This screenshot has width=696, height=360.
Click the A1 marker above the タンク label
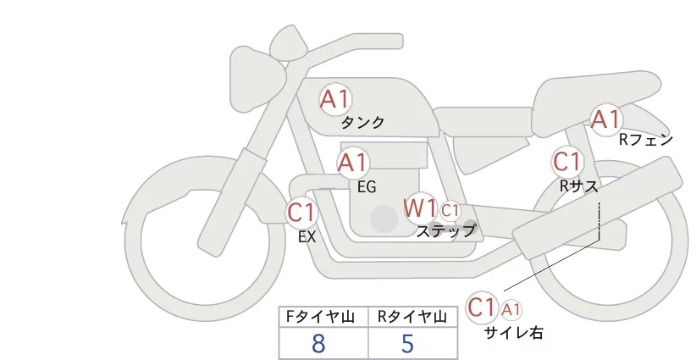(335, 99)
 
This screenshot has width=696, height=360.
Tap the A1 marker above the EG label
(353, 163)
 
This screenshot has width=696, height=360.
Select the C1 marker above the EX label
(301, 212)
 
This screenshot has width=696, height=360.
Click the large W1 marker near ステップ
(419, 208)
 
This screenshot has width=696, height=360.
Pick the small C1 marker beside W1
(450, 210)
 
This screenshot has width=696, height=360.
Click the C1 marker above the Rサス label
(567, 161)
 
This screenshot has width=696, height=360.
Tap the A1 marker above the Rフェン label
(605, 119)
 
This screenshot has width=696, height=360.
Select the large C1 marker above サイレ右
(482, 307)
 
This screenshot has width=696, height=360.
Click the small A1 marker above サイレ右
(511, 309)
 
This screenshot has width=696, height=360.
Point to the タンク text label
(362, 123)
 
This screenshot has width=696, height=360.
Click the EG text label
(367, 187)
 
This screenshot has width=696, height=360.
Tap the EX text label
(307, 237)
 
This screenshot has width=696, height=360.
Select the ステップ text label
(445, 231)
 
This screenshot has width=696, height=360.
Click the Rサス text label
(578, 186)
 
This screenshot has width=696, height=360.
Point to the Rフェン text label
(646, 141)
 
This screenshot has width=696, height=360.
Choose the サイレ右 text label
(514, 333)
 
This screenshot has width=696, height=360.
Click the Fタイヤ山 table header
(320, 317)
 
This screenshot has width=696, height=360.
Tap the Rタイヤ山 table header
(412, 317)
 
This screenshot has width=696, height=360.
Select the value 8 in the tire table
(318, 344)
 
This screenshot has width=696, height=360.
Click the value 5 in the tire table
(407, 344)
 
